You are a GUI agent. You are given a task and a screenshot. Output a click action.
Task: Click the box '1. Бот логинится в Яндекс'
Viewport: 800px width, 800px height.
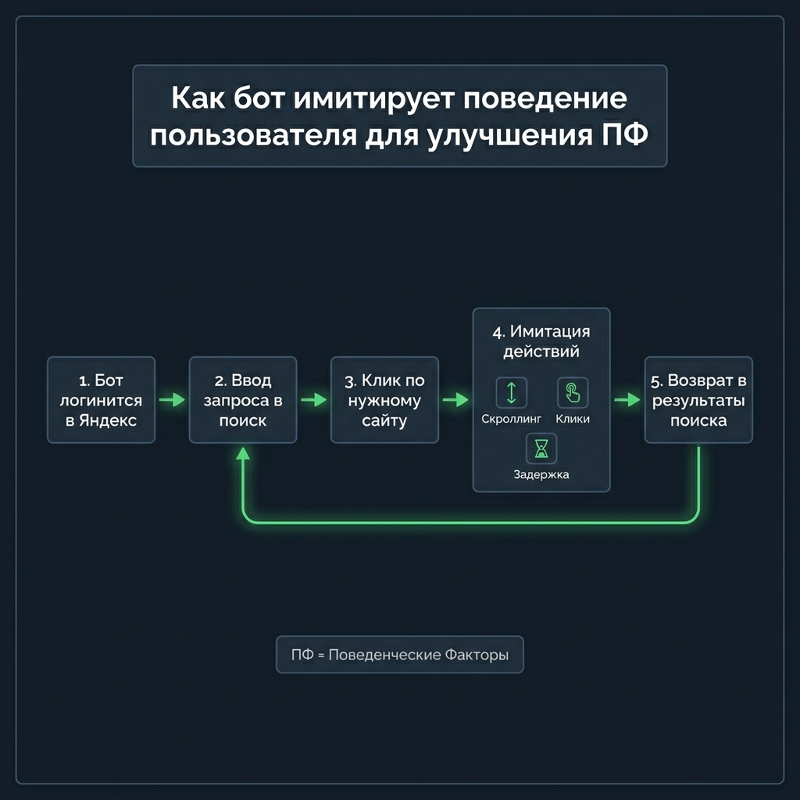point(101,400)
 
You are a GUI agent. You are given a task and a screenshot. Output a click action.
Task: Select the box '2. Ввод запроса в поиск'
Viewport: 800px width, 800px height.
point(242,400)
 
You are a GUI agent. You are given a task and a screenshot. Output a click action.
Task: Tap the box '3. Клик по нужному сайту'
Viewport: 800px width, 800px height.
point(384,400)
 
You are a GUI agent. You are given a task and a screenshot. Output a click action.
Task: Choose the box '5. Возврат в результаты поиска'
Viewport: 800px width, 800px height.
point(698,400)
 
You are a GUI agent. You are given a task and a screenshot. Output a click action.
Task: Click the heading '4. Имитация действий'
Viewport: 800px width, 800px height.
point(541,341)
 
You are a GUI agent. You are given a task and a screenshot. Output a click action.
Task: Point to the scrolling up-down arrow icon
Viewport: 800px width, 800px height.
point(512,392)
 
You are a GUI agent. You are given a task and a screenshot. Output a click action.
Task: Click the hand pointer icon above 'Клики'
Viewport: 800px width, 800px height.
point(573,392)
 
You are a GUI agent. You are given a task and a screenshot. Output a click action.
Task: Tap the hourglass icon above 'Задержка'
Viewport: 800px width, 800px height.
point(541,448)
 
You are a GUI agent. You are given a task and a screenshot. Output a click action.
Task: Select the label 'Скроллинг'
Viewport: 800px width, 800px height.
point(512,419)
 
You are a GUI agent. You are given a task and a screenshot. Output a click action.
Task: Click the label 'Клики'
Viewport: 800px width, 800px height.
point(573,419)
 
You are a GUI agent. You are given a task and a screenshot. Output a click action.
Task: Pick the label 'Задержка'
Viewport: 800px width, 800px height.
point(541,474)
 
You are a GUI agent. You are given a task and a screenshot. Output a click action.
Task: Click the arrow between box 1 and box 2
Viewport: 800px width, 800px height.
point(172,400)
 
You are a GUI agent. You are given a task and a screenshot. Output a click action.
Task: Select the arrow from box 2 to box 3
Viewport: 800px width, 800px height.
point(313,400)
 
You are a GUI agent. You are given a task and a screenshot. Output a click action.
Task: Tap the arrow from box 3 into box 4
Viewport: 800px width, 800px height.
point(455,400)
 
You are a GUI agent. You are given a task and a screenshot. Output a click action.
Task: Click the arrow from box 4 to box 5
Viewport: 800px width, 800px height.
point(627,400)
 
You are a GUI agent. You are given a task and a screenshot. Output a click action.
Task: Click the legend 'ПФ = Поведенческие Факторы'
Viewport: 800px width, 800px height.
point(399,655)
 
